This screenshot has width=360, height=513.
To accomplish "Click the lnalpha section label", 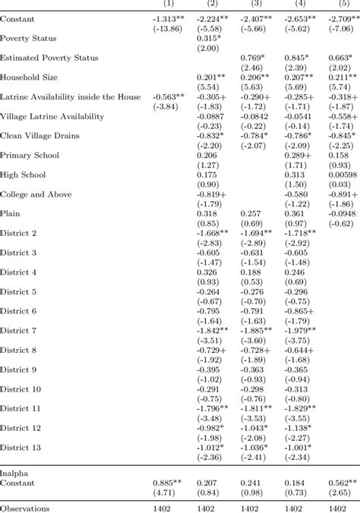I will [x=14, y=471].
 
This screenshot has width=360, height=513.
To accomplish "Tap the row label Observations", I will [x=25, y=508].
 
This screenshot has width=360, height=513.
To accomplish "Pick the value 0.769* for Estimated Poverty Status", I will [x=254, y=58].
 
